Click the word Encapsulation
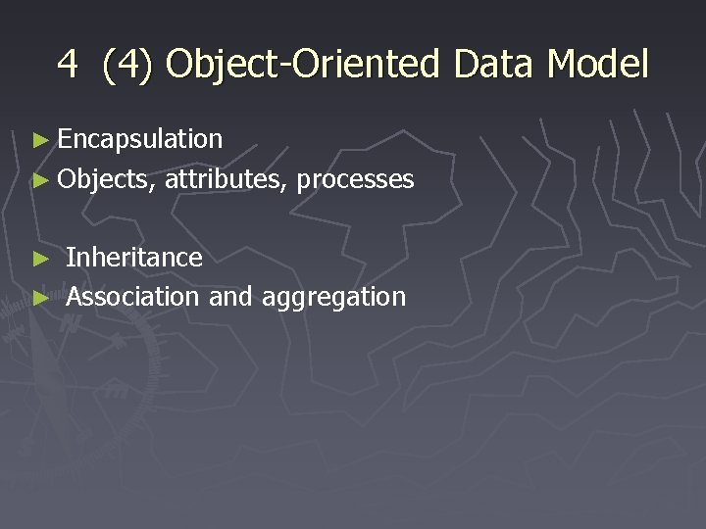click(140, 140)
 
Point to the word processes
click(355, 180)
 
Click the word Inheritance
click(134, 258)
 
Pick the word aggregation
click(333, 298)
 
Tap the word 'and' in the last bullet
click(230, 296)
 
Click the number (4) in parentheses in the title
click(127, 65)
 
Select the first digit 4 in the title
click(67, 65)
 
